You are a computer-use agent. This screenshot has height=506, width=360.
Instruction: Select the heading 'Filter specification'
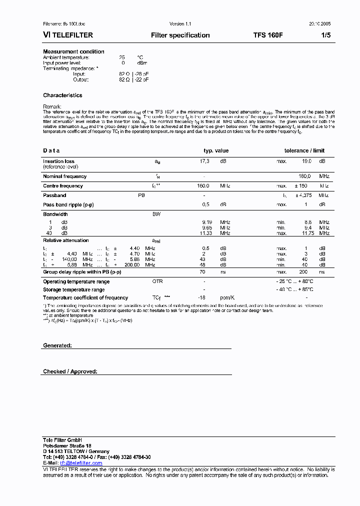[180, 35]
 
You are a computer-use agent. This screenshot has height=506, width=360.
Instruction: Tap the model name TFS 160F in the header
[268, 35]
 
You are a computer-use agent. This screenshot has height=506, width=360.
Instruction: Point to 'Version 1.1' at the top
[180, 24]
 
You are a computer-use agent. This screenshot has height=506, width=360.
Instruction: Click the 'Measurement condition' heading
[73, 51]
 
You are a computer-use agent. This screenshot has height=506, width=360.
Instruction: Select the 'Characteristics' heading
[62, 95]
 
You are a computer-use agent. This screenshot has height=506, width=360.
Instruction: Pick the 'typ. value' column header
[215, 150]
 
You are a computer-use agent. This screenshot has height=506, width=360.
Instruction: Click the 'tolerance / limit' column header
[304, 150]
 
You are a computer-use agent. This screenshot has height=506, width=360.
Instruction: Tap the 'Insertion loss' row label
[58, 161]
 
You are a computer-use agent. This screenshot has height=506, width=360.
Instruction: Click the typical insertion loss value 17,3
[204, 161]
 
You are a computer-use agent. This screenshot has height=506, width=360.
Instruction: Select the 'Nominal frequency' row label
[64, 176]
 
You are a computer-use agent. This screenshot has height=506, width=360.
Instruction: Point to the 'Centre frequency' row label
[63, 186]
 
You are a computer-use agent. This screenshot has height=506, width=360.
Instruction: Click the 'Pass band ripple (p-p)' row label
[68, 204]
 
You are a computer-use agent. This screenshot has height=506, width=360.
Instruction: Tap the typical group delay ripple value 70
[202, 272]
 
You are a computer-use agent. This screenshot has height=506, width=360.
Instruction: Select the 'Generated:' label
[57, 345]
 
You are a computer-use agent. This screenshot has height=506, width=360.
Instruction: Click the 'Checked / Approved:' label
[70, 371]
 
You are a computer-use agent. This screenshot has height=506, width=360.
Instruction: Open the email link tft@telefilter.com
[81, 463]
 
